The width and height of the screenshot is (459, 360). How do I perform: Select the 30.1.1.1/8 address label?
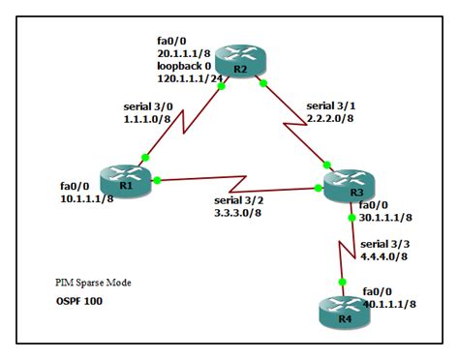point(385,219)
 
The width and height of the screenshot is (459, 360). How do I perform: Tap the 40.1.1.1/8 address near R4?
point(389,303)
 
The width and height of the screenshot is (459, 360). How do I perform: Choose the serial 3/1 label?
point(332,105)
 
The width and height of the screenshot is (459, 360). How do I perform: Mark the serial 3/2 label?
point(241,200)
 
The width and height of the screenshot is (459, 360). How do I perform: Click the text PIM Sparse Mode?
point(92,284)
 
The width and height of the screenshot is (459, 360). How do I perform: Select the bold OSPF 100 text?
point(77,301)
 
